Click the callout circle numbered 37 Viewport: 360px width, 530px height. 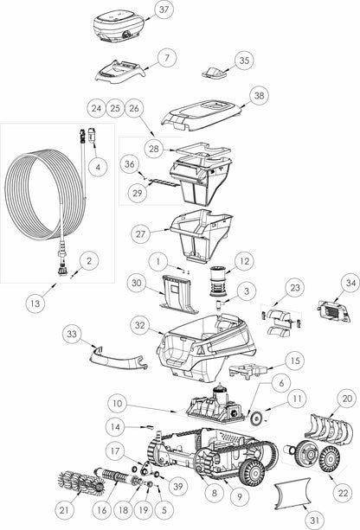[164, 10]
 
